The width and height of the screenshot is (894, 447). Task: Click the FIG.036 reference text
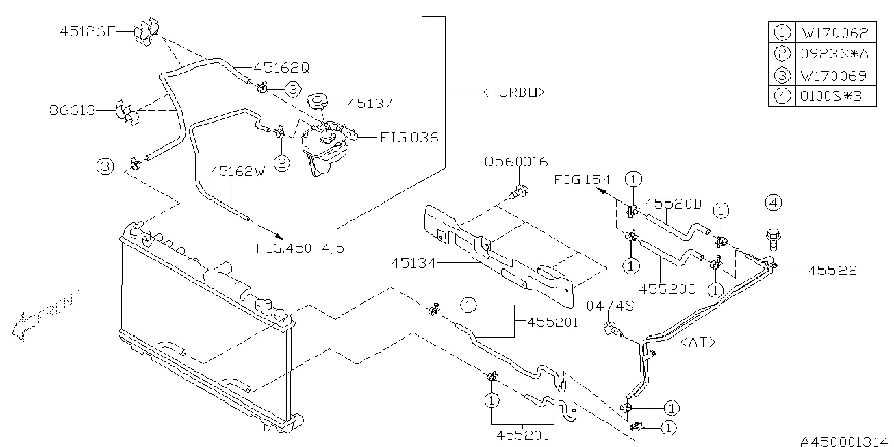point(409,138)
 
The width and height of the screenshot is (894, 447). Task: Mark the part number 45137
point(370,104)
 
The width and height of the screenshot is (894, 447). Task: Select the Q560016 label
point(516,162)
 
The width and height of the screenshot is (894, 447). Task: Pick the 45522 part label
point(832,271)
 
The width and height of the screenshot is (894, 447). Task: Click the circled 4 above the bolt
point(773,203)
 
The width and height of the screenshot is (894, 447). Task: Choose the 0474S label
point(611,307)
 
